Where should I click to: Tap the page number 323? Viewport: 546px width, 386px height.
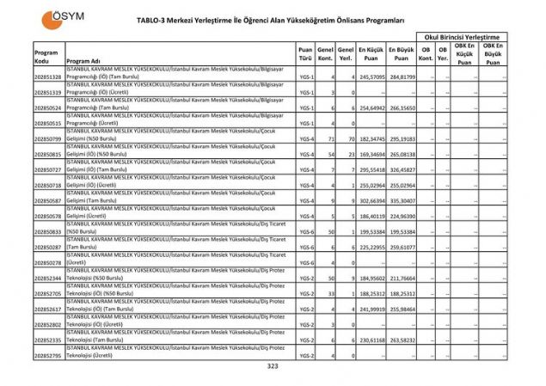coord(273,366)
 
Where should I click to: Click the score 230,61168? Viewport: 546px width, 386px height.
coord(371,340)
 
